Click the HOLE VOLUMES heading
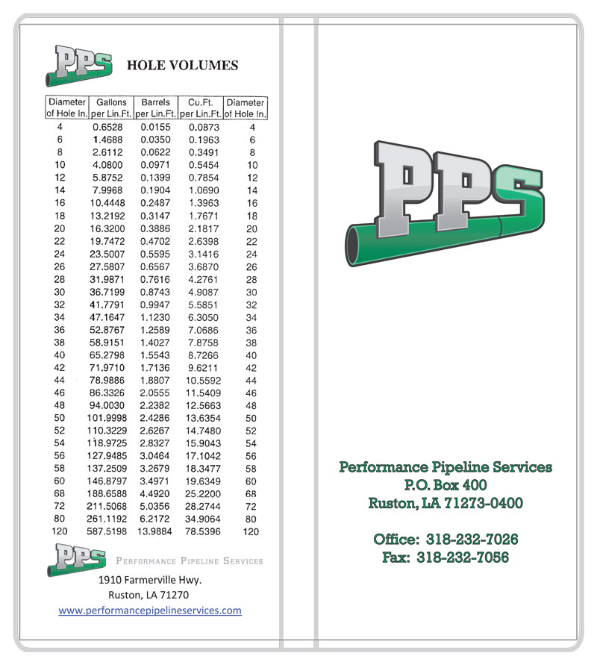coord(183,66)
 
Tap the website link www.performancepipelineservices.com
coord(150,611)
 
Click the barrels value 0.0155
coord(155,127)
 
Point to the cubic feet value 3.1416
coord(201,255)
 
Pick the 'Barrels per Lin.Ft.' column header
coord(155,108)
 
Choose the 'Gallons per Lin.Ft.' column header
coord(111,108)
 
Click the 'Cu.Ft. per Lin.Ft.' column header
coord(201,108)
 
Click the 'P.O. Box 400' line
coord(446,485)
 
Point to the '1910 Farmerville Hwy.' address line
coord(150,580)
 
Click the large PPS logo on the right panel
coord(446,198)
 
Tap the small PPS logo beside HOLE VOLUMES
coord(79,66)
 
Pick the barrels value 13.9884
coord(155,531)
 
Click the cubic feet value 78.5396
coord(201,531)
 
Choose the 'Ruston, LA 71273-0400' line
coord(446,503)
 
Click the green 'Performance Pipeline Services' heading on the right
coord(446,467)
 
